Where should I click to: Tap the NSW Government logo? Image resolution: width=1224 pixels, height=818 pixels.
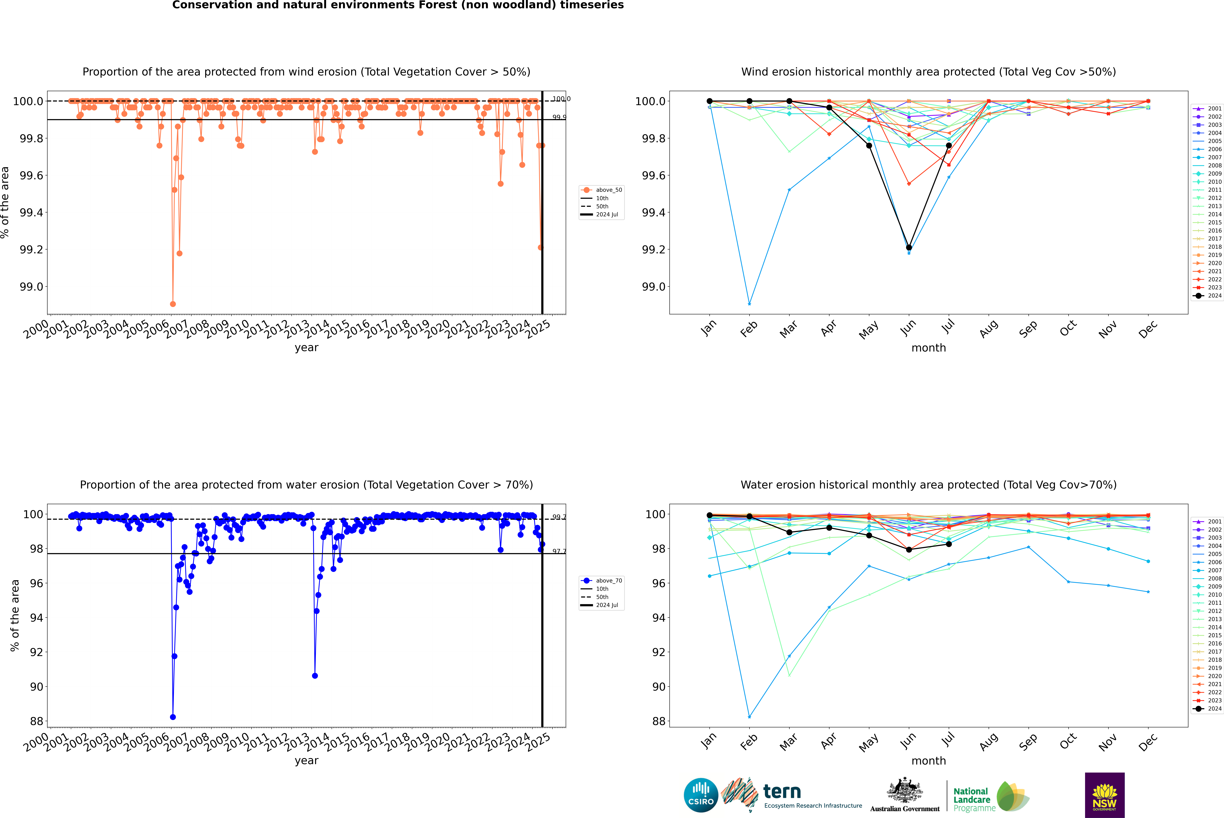click(x=1104, y=795)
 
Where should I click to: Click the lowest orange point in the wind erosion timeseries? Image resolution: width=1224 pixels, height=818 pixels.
click(x=173, y=304)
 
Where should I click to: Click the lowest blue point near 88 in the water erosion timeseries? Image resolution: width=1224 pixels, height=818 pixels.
click(x=173, y=717)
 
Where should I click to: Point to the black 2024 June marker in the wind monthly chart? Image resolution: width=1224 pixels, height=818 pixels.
click(x=909, y=247)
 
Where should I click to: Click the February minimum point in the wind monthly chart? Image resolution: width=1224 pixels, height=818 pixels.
click(x=749, y=304)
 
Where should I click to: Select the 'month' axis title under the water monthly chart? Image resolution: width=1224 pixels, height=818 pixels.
click(x=928, y=761)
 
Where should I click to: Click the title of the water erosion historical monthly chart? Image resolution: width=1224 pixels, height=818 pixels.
click(x=928, y=485)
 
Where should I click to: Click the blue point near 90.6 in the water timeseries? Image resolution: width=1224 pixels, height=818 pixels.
click(x=315, y=676)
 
